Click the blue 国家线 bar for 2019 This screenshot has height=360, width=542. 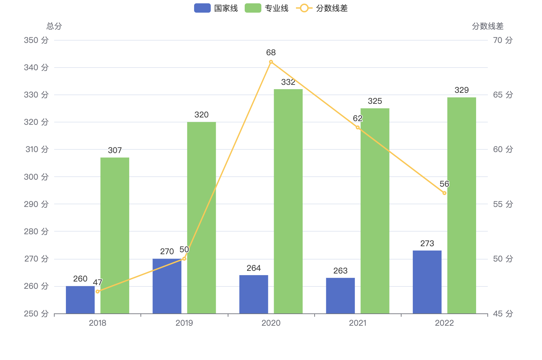[167, 286]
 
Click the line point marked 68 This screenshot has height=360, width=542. [271, 62]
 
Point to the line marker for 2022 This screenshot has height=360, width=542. [444, 193]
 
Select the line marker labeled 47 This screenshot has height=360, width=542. [98, 291]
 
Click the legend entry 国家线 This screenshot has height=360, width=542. [216, 8]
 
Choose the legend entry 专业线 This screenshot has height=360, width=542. [267, 8]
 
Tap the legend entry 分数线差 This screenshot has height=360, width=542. [322, 8]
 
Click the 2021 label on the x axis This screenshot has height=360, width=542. [358, 323]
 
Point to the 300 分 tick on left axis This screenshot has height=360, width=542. [36, 177]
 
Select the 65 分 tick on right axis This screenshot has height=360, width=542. [503, 95]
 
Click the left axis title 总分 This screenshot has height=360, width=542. [54, 26]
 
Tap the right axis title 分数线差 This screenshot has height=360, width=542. [487, 26]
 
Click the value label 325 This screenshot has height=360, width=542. [375, 101]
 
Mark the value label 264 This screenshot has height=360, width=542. [254, 268]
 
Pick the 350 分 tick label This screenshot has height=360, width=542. [36, 40]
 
